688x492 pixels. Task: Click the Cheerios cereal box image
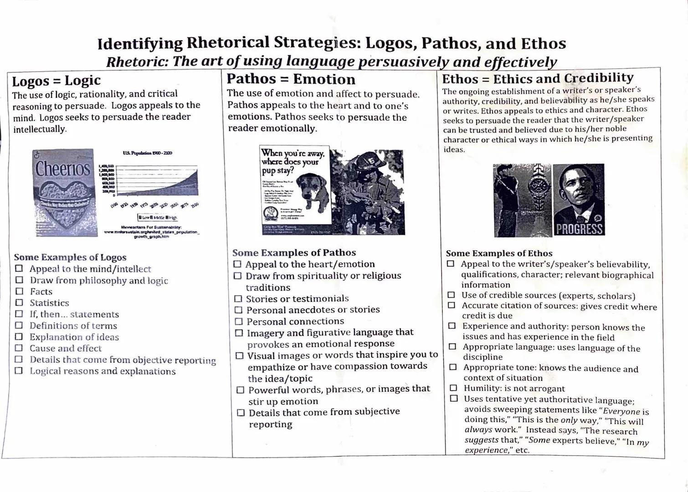65,192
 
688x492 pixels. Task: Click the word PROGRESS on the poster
579,229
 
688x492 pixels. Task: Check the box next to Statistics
19,303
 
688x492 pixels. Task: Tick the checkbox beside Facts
19,292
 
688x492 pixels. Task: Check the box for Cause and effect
19,348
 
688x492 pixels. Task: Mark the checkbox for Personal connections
238,322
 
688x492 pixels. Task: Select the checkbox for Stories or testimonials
238,299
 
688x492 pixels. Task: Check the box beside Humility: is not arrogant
453,388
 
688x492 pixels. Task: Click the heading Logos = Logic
56,81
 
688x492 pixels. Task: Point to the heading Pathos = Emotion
291,79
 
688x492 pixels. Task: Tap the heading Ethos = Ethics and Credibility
538,78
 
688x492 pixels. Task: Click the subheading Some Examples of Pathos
294,253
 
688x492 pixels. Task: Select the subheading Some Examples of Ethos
499,253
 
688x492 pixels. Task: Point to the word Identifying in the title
139,44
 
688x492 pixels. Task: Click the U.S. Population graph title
147,154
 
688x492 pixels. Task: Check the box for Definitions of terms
19,325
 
